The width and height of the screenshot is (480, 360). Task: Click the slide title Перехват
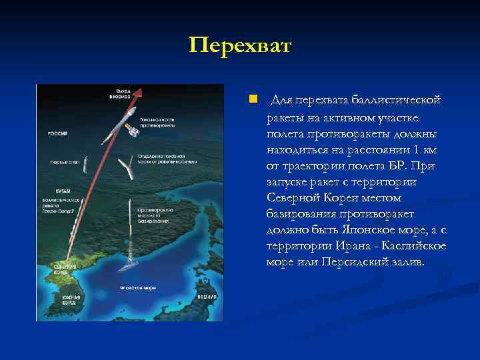tap(240, 46)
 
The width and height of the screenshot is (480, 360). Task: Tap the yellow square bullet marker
tap(253, 100)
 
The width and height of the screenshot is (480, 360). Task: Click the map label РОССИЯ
tap(57, 133)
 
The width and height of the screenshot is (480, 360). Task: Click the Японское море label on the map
tap(138, 288)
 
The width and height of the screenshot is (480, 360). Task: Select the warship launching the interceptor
tap(129, 267)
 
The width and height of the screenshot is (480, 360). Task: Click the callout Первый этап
tap(62, 162)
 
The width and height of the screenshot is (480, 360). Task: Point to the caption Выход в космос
tap(120, 93)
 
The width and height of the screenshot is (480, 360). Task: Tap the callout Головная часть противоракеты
tap(158, 123)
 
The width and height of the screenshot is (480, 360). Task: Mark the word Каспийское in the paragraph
tap(413, 247)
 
